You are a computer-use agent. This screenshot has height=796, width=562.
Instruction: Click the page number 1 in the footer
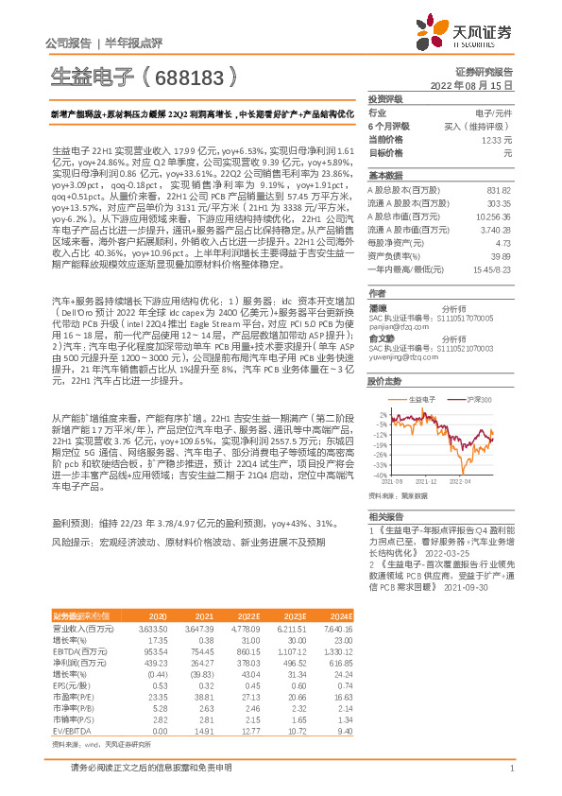click(510, 768)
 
